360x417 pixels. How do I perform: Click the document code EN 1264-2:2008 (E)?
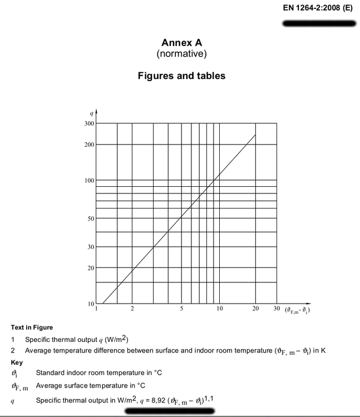tap(318, 9)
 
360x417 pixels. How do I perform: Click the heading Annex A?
tap(181, 43)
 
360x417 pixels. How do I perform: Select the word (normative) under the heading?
tap(181, 54)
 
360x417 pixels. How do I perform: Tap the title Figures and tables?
tap(181, 76)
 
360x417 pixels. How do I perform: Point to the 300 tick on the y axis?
tap(89, 123)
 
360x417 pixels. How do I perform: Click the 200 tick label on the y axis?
tap(89, 145)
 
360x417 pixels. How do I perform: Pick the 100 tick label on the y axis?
tap(89, 181)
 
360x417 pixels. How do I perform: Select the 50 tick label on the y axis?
tap(91, 218)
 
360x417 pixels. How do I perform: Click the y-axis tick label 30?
tap(91, 247)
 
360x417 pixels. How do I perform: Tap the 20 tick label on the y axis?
tap(91, 268)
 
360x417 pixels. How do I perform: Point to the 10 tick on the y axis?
tap(91, 304)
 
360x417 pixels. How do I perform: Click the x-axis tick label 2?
tap(132, 309)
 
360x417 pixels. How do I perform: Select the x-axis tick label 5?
tap(181, 309)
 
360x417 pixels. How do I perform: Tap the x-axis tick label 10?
tap(220, 309)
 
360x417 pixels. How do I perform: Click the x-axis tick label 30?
tap(277, 309)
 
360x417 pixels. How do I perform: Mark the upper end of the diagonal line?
tap(256, 134)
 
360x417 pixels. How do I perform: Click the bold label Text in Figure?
tap(32, 327)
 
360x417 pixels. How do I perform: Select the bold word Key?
tap(17, 362)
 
